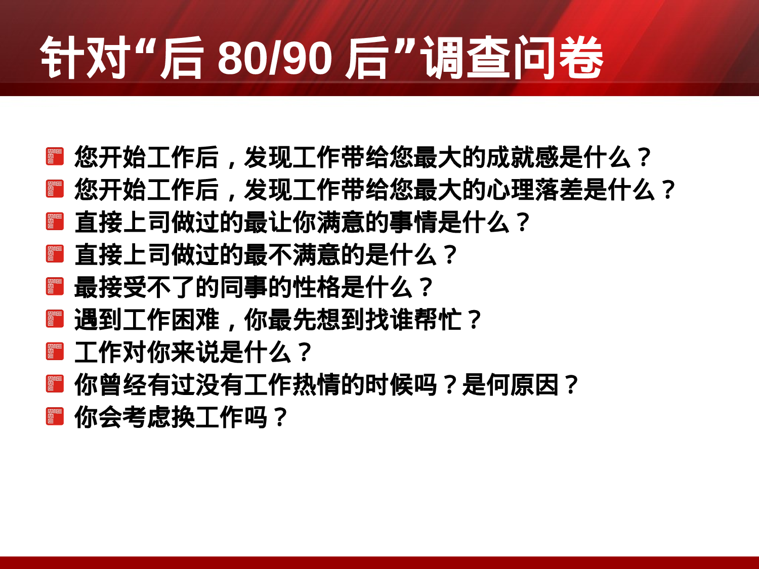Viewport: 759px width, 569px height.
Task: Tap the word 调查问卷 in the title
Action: click(513, 59)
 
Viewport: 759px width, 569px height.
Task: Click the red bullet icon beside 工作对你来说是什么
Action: click(55, 352)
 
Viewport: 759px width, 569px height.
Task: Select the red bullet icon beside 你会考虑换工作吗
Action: click(55, 416)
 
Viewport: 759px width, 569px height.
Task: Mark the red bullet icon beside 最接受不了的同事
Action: click(55, 286)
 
